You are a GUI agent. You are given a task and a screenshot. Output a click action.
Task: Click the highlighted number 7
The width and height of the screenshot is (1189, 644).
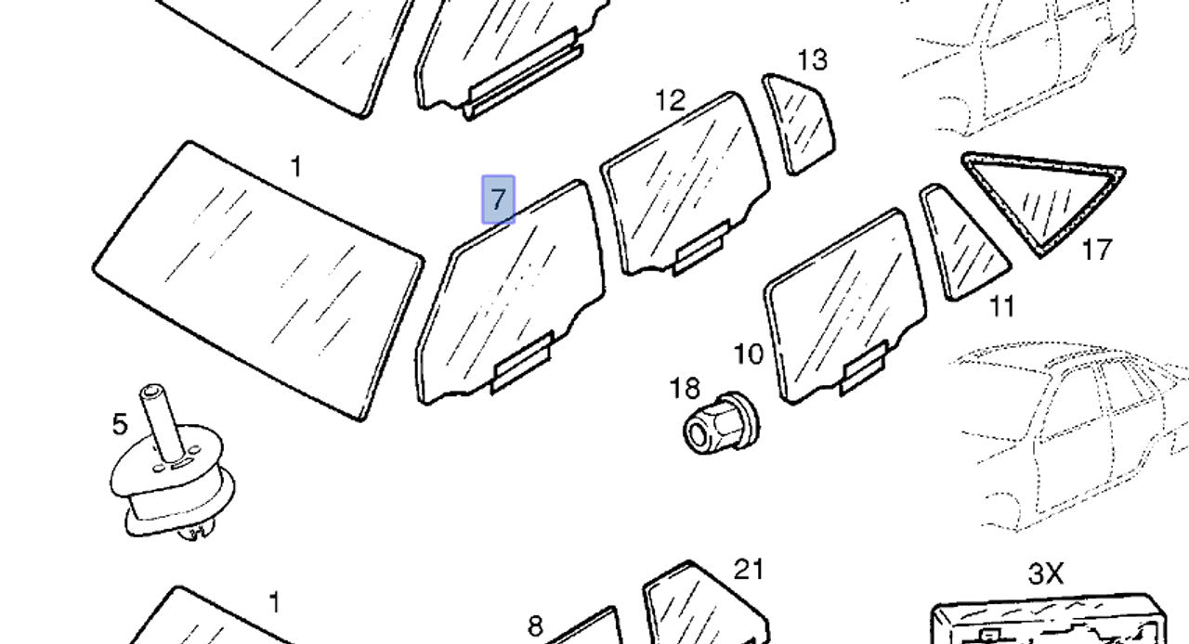tap(498, 200)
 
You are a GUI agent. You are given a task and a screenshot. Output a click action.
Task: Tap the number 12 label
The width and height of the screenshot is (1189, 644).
tap(671, 99)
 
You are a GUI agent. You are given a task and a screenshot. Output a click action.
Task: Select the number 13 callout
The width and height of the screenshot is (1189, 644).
tap(812, 60)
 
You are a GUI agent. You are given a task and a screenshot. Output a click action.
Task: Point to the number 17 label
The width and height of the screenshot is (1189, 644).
tap(1097, 250)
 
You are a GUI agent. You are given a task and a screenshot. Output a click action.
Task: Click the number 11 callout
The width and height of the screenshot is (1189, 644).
tap(1002, 306)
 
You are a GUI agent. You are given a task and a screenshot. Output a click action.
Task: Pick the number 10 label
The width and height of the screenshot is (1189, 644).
tap(749, 354)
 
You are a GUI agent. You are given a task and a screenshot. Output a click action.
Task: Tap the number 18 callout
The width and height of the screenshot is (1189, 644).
tap(685, 388)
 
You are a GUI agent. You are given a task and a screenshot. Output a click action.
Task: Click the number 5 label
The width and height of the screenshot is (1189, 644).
tap(120, 424)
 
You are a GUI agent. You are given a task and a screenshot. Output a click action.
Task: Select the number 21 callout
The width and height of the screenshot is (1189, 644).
tap(749, 570)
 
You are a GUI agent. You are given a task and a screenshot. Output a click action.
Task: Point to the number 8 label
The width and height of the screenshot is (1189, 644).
tap(535, 626)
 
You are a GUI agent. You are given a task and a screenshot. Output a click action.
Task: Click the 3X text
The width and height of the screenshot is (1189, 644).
tap(1046, 573)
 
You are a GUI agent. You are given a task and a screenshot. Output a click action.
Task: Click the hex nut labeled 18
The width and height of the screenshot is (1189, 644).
tap(721, 423)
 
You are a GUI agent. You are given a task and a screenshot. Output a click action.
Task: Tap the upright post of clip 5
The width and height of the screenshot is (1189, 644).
tap(162, 421)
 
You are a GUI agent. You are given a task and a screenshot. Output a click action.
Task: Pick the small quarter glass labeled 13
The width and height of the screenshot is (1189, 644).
tap(799, 124)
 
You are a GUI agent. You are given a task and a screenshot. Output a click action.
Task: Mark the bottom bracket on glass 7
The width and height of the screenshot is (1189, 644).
tap(522, 362)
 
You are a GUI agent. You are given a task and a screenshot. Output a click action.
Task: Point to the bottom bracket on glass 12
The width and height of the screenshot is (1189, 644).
tap(701, 248)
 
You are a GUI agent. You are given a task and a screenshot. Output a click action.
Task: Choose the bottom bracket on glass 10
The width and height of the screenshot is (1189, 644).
tap(863, 368)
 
